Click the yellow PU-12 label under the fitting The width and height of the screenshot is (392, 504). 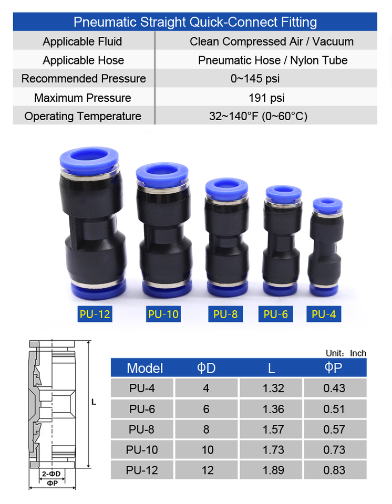[95, 314]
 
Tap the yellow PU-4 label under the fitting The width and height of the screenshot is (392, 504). [324, 314]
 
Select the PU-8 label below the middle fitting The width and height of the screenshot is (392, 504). [225, 314]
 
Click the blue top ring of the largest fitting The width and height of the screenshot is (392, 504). [89, 160]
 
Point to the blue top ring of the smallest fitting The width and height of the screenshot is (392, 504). [328, 204]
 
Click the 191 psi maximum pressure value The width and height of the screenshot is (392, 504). [266, 98]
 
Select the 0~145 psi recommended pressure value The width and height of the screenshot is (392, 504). [255, 79]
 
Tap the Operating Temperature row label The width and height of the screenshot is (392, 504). [82, 116]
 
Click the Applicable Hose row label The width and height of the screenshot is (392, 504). [84, 60]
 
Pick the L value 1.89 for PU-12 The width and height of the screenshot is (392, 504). [273, 470]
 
